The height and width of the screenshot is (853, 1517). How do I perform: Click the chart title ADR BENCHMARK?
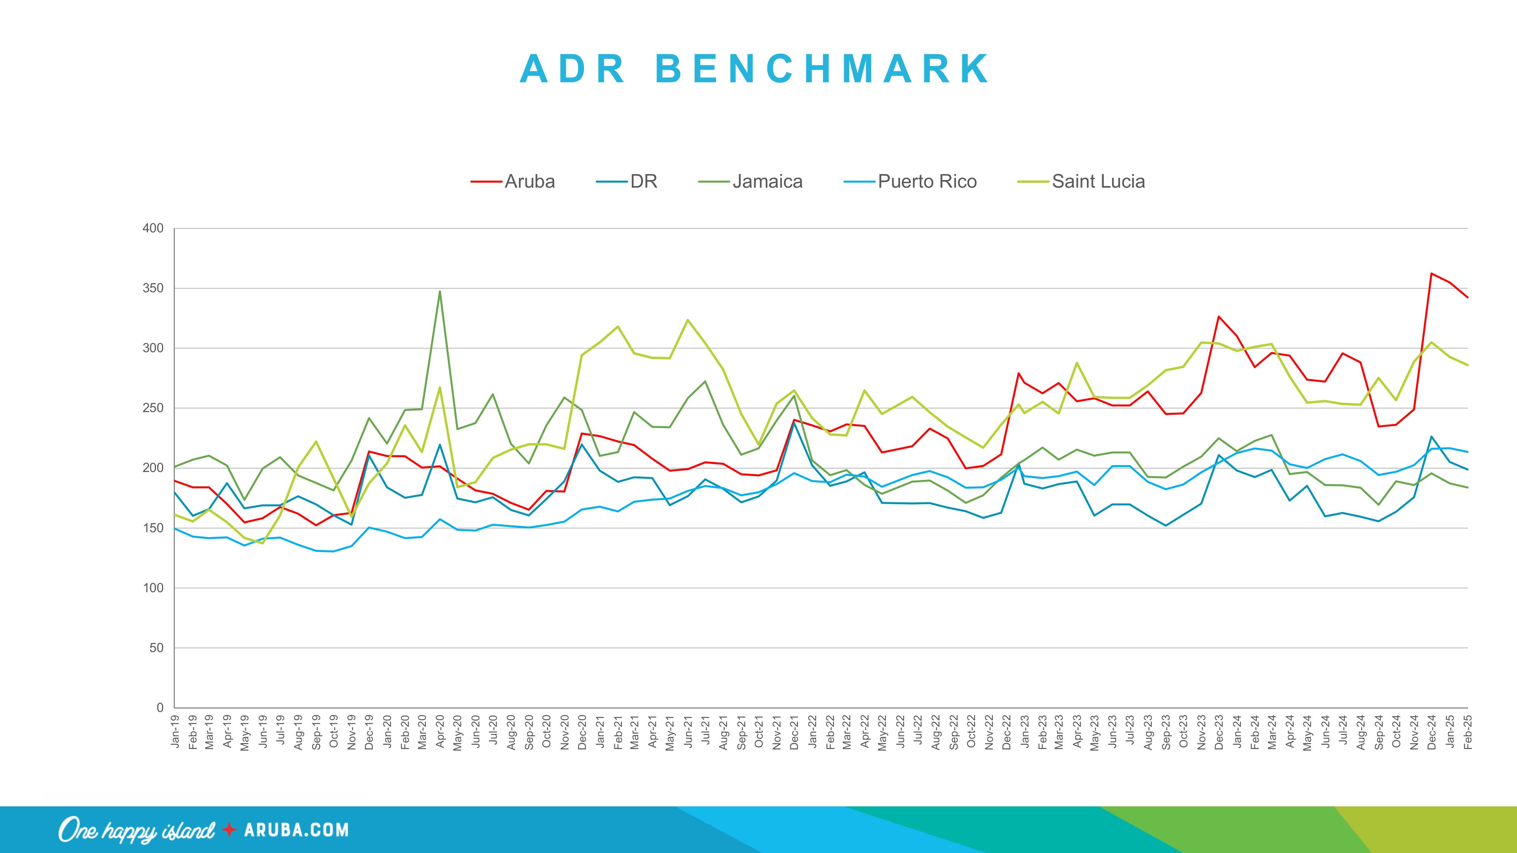click(755, 69)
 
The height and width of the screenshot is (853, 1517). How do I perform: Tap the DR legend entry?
click(643, 181)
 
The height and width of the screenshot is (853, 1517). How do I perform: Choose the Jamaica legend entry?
click(767, 181)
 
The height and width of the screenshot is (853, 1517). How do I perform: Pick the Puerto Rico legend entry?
click(927, 181)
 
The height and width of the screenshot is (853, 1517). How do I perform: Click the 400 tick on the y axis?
click(153, 228)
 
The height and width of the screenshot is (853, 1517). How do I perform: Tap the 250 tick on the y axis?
click(153, 408)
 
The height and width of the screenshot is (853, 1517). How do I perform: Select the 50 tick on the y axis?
click(156, 648)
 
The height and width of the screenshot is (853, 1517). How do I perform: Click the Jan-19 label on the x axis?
click(175, 732)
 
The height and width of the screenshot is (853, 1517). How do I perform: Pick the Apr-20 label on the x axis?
click(440, 732)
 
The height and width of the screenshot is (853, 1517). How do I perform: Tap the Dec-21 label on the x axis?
click(795, 732)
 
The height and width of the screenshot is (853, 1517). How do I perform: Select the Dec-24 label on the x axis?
click(1432, 732)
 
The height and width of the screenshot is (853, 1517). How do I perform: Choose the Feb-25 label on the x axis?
click(1468, 732)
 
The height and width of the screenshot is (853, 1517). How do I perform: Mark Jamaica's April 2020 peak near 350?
click(440, 292)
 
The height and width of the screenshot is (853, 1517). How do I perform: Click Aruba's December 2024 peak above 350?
click(1432, 273)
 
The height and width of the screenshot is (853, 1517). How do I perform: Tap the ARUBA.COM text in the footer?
click(296, 830)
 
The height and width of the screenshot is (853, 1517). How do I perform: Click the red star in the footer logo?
click(229, 830)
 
